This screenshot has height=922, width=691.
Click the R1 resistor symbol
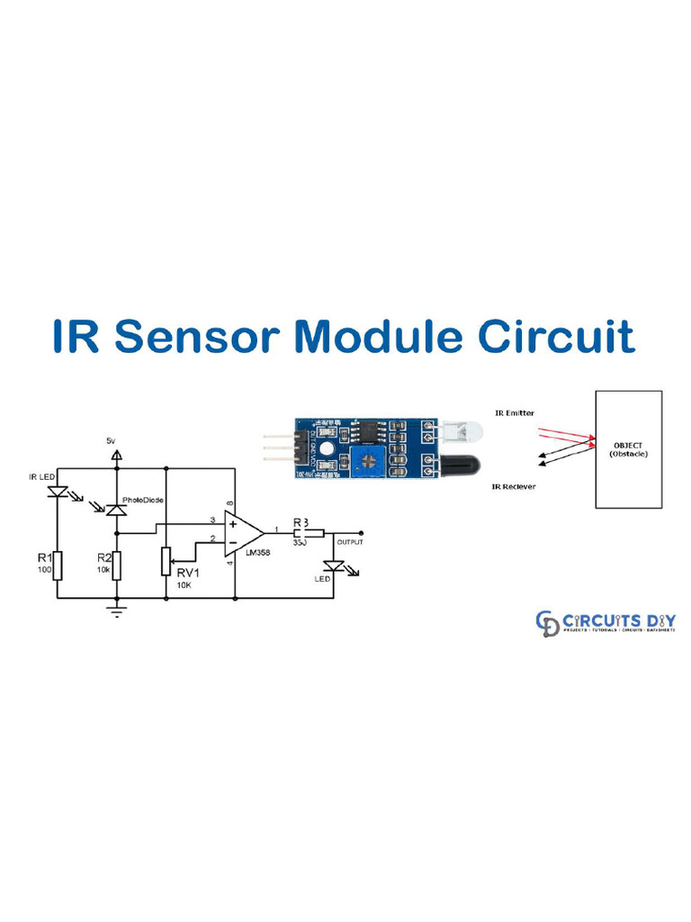(x=56, y=565)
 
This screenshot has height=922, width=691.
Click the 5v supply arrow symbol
(x=115, y=456)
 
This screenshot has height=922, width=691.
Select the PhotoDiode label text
(x=142, y=497)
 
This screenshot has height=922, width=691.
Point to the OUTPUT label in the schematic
(x=350, y=542)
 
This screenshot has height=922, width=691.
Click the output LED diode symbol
(x=335, y=565)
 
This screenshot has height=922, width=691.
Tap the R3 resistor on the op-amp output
(x=301, y=530)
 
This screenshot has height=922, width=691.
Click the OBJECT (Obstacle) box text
(x=629, y=449)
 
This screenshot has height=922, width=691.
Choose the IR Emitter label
(x=514, y=412)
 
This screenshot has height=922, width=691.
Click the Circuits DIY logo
(x=606, y=622)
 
